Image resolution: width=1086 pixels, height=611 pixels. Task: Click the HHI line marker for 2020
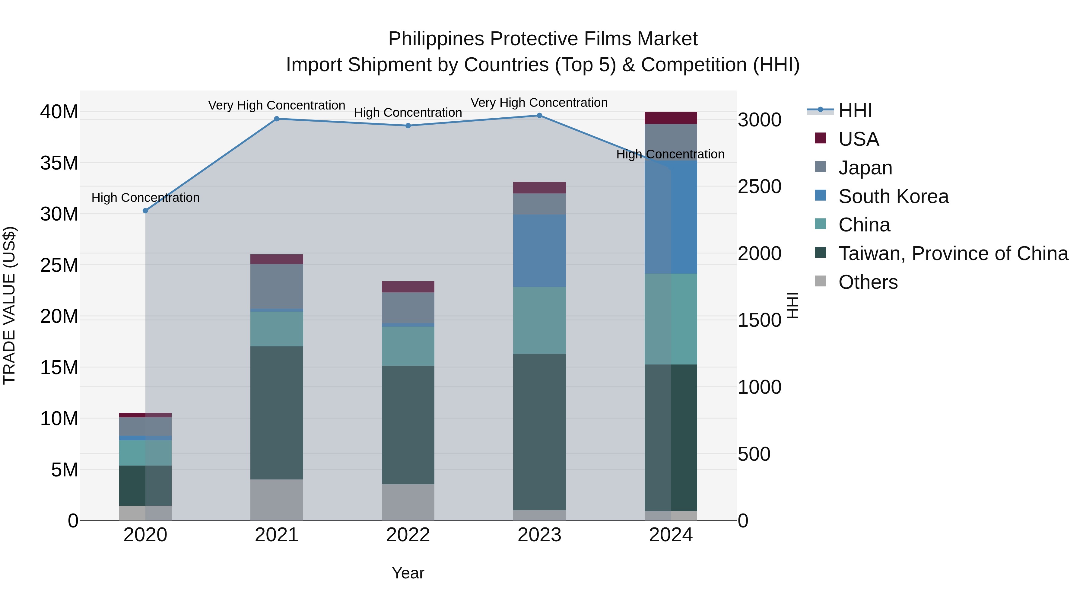pos(145,210)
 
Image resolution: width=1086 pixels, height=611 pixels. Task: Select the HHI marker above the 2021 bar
pos(277,119)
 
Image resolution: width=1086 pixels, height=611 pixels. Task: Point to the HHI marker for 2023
pos(539,116)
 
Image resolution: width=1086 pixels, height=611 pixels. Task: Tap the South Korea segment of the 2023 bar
pos(539,251)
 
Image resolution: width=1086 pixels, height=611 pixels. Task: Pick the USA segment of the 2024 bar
pos(671,118)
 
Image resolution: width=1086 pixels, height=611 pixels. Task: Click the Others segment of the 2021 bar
pos(277,500)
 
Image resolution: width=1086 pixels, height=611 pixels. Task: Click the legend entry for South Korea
pos(893,196)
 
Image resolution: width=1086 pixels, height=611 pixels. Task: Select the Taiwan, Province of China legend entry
pos(953,253)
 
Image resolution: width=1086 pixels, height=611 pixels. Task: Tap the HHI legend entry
pos(855,110)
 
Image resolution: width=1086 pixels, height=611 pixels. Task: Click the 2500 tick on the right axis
pos(759,187)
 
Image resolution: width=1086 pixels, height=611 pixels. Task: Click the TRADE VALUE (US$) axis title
pos(10,305)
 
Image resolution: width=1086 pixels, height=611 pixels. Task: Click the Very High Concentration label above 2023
pos(539,103)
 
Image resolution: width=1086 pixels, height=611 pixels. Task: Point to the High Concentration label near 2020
pos(145,197)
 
